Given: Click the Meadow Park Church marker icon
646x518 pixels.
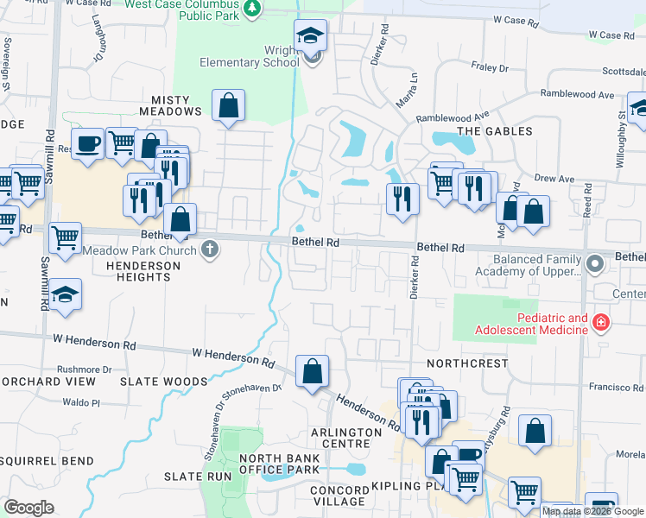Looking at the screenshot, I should [x=209, y=250].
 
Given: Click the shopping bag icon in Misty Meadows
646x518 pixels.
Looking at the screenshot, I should [x=228, y=106].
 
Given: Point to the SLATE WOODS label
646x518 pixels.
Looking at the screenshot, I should [x=152, y=381].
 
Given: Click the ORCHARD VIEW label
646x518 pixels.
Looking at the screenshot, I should [x=48, y=381].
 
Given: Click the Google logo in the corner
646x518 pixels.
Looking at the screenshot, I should [x=28, y=508].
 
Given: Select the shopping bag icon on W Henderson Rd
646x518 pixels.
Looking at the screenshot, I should [x=312, y=371].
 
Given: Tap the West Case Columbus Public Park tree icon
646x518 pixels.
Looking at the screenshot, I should [x=252, y=8].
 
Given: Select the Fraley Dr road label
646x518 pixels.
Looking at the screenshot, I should [x=491, y=66].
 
